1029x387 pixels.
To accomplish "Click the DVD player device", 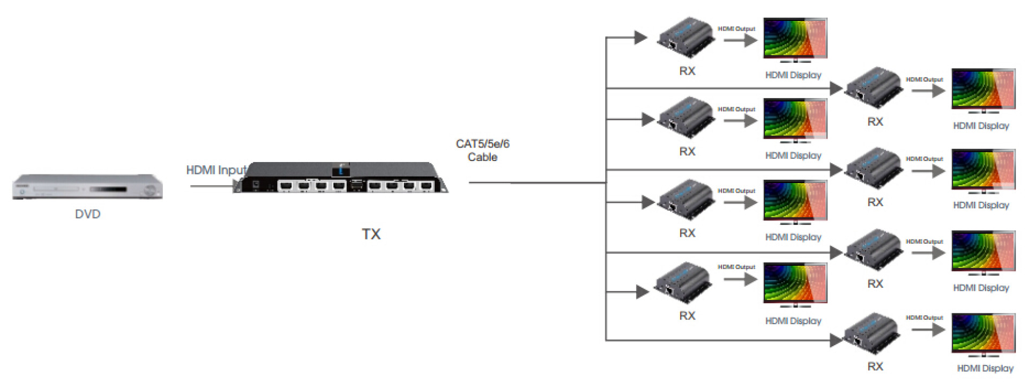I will [87, 187].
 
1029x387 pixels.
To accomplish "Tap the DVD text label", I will [87, 214].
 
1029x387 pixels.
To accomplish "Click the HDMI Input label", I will [215, 170].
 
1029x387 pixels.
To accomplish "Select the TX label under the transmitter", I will [371, 235].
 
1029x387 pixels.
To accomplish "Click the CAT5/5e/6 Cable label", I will [482, 150].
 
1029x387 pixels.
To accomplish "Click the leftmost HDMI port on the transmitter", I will [286, 186].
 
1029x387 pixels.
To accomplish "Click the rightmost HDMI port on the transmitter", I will [426, 186].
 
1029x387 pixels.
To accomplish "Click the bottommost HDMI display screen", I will [983, 333].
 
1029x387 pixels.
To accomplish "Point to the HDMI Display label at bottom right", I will [985, 369].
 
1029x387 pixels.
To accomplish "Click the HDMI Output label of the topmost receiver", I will [736, 29].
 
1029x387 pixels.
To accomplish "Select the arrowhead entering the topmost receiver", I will [641, 37].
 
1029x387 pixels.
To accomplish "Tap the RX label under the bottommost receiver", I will [875, 367].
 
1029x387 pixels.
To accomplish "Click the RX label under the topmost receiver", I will [687, 71].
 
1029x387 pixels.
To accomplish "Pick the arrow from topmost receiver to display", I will [740, 40].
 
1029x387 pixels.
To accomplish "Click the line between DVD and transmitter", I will [212, 186].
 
